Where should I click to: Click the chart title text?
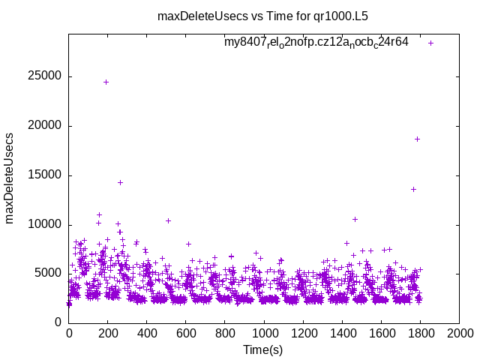point(262,15)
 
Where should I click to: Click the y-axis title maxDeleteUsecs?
point(10,177)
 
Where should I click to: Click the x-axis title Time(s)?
point(262,349)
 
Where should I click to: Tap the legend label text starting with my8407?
point(316,42)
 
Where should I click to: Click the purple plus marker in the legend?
point(430,43)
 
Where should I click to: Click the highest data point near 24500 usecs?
point(106,82)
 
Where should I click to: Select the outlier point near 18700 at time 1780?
point(417,139)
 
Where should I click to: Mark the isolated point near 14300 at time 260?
point(120,182)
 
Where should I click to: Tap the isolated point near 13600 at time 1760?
point(413,189)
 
